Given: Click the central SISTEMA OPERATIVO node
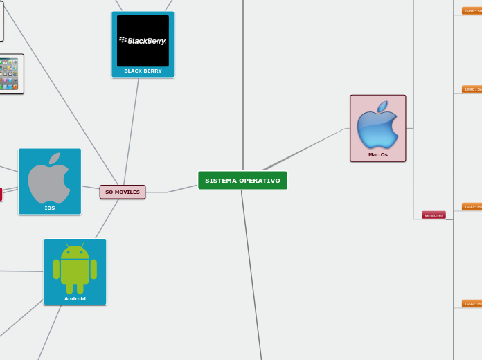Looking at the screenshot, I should [242, 181].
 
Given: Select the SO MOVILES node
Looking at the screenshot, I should [123, 192].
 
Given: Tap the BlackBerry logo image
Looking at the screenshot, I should [143, 41].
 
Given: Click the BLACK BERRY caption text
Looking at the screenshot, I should [143, 71].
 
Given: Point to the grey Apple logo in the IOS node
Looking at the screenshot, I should [49, 177].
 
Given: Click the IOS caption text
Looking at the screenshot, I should [50, 208].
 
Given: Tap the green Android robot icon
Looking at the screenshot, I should [75, 269].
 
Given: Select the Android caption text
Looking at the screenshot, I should [75, 298].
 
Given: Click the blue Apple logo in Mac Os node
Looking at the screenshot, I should [377, 125].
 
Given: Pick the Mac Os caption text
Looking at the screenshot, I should [378, 154].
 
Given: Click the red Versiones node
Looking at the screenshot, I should [434, 215].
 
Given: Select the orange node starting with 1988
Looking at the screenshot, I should [472, 11].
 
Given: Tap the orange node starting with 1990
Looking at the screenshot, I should [472, 89].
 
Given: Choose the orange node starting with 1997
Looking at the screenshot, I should [472, 206].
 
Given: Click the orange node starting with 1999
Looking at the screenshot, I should [472, 303].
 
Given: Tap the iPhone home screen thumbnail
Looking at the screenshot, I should [8, 74].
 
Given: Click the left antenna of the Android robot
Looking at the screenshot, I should [67, 245].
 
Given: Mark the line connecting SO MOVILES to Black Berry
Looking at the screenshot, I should [131, 132].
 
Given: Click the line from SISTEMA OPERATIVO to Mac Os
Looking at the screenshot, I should [305, 150].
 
